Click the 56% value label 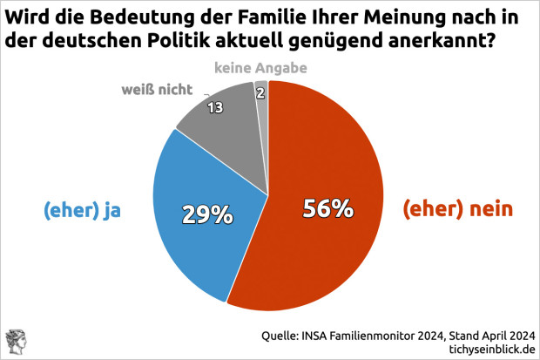pos(327,208)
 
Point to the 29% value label pos(206,214)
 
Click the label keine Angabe pos(260,66)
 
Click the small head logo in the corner pos(16,342)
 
